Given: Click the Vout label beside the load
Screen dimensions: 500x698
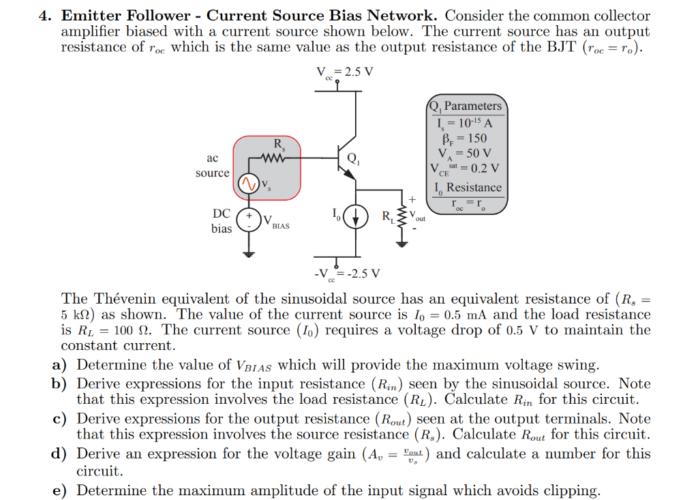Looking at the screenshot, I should [418, 216].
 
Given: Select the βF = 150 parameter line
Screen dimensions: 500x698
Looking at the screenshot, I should [468, 138].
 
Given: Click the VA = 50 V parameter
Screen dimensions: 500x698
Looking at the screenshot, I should [468, 153].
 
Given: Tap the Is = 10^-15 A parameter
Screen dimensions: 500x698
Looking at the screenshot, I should [468, 123].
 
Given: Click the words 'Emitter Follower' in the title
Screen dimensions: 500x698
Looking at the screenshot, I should [126, 15].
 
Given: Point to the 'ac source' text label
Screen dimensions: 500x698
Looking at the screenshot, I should [212, 165].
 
